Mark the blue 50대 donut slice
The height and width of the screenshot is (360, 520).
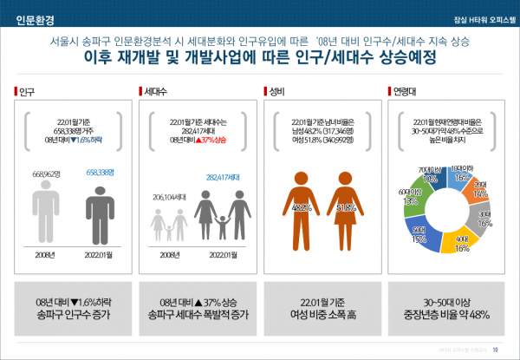[x=422, y=233]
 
